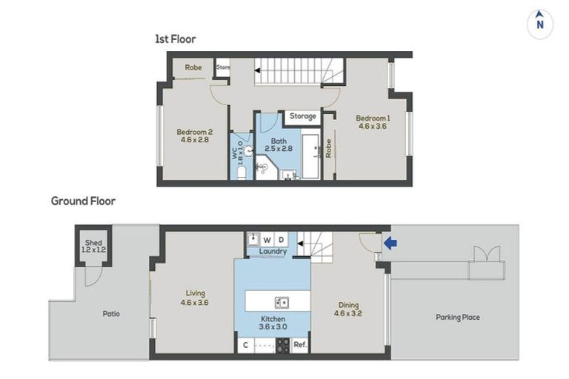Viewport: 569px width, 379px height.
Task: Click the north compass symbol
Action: (x=540, y=24)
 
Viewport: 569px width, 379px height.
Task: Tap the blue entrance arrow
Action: (x=390, y=243)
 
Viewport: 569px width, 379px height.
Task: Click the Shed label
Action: (x=93, y=243)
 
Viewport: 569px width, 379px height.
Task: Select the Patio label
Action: (x=111, y=314)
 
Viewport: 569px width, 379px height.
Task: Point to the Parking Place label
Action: (x=458, y=318)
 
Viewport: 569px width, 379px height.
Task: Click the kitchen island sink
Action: (x=282, y=302)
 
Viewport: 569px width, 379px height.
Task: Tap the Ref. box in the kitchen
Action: (x=300, y=344)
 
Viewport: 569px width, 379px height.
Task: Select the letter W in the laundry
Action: (x=267, y=240)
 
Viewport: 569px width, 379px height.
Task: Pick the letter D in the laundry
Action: (x=281, y=239)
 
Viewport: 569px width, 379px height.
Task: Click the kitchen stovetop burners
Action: (x=283, y=345)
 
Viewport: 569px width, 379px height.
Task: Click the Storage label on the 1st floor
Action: (x=302, y=116)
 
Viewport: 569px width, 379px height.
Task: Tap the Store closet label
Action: (x=223, y=67)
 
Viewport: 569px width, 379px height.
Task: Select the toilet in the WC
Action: (x=242, y=173)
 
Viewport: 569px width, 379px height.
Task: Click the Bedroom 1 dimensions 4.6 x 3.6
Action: (x=373, y=127)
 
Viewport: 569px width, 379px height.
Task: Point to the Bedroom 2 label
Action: (x=195, y=132)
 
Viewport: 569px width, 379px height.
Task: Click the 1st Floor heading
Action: (x=176, y=38)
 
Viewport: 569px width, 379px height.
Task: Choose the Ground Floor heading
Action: (x=83, y=201)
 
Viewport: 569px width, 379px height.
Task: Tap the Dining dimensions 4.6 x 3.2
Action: (x=348, y=313)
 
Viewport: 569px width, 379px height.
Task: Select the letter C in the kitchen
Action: (x=245, y=345)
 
